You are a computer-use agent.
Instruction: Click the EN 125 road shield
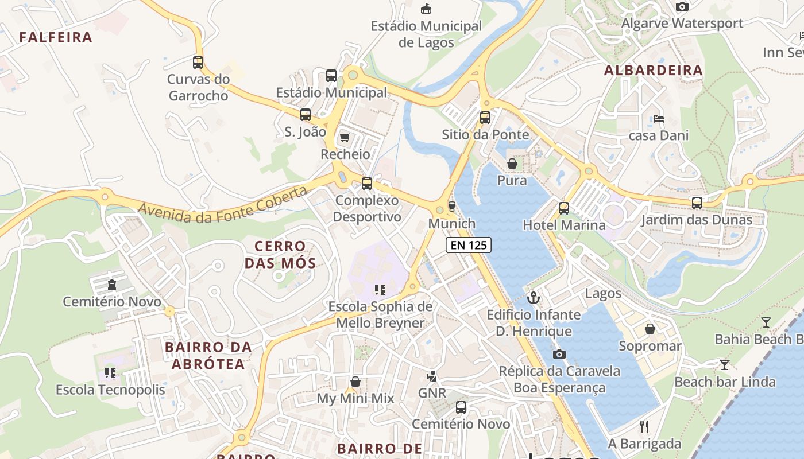tap(469, 246)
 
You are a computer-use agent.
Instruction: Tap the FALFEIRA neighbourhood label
tap(56, 37)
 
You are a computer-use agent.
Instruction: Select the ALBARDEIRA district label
tap(654, 70)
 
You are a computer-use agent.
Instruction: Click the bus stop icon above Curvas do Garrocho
tap(198, 63)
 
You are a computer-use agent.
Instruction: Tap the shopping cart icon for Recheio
tap(345, 137)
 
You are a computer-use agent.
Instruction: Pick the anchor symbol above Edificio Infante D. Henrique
tap(534, 298)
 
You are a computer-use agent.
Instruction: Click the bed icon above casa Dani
tap(659, 119)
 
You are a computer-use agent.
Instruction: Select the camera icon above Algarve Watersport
tap(682, 7)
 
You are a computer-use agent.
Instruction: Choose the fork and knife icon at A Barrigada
tap(644, 426)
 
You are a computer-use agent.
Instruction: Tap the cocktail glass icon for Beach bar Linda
tap(725, 365)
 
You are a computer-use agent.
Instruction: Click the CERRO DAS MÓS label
tap(280, 255)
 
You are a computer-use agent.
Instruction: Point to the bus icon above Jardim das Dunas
tap(697, 203)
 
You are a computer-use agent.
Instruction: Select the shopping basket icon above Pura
tap(512, 164)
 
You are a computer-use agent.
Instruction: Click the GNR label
tap(432, 393)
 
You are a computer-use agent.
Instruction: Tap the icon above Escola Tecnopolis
tap(110, 373)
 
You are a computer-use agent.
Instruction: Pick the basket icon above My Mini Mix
tap(355, 382)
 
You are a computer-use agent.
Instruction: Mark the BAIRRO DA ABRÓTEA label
tap(208, 355)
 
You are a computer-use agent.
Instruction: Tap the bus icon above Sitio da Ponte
tap(485, 118)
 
